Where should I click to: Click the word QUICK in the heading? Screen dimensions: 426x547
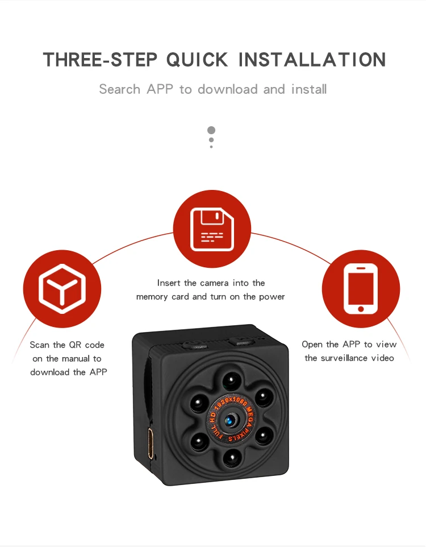[x=197, y=60]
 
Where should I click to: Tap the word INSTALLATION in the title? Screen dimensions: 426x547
[x=312, y=59]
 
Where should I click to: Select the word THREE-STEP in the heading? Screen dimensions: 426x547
[x=100, y=59]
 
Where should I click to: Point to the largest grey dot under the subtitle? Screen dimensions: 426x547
[x=211, y=130]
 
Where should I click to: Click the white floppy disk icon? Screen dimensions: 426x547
[x=212, y=229]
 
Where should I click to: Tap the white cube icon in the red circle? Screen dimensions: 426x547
[x=62, y=288]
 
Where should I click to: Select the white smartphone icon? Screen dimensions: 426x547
[x=361, y=288]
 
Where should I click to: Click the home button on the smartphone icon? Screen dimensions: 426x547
[x=361, y=309]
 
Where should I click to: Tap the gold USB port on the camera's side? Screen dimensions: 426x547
[x=151, y=444]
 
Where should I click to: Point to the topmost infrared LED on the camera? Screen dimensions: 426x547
[x=232, y=380]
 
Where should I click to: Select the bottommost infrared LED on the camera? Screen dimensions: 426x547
[x=232, y=457]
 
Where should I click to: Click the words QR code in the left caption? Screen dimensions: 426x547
[x=86, y=345]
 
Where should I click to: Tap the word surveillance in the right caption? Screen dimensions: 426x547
[x=349, y=358]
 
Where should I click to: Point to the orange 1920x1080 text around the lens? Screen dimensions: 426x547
[x=231, y=401]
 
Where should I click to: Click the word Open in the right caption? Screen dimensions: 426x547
[x=312, y=345]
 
